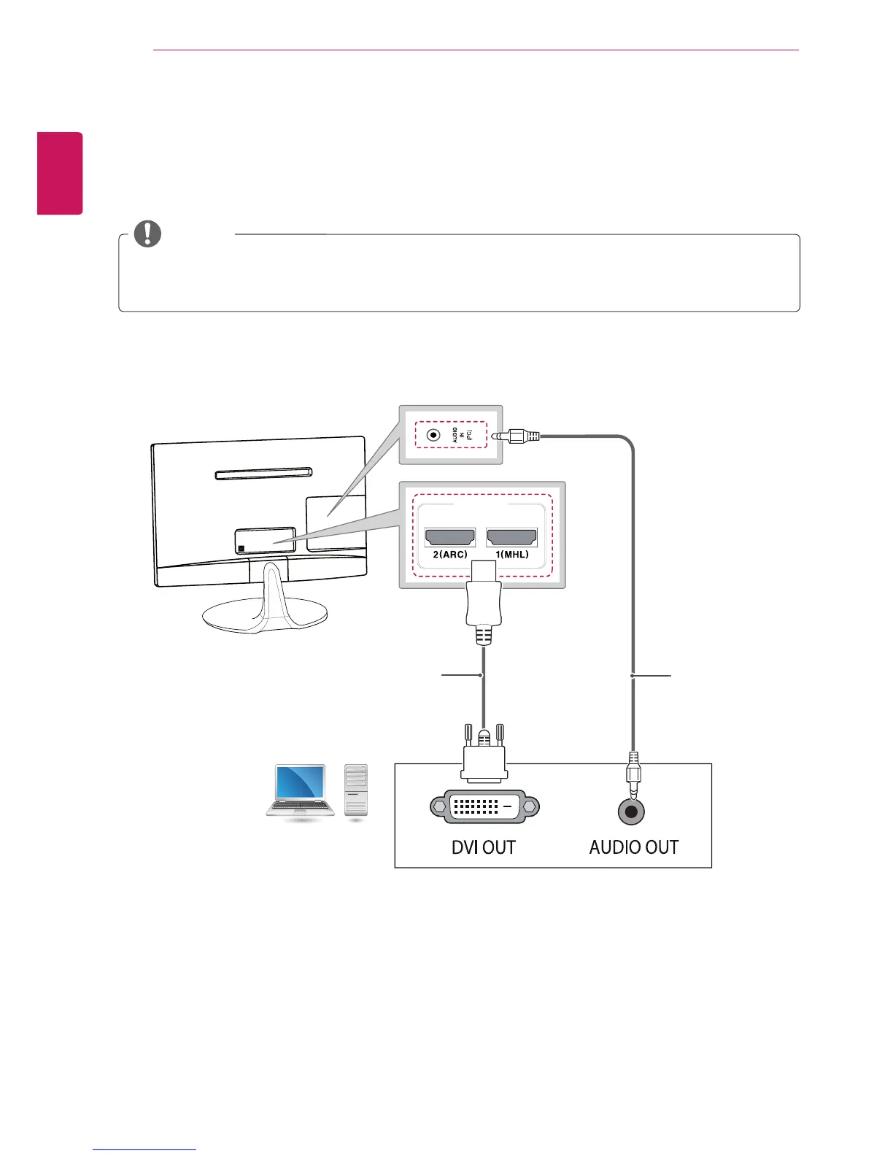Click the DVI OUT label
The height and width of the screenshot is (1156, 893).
tap(484, 847)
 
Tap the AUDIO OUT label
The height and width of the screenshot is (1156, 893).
tap(634, 847)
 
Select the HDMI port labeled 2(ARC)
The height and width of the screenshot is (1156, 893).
tap(450, 538)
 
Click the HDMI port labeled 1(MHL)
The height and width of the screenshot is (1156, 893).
tap(511, 538)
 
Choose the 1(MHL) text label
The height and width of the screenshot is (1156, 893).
tap(511, 555)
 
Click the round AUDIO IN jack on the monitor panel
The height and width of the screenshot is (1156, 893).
tap(434, 435)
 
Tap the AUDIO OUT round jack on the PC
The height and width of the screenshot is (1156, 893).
tap(632, 812)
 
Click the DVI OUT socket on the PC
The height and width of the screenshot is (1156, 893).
tap(485, 806)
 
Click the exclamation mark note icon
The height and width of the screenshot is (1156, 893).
tap(147, 234)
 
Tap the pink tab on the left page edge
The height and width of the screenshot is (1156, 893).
tap(61, 173)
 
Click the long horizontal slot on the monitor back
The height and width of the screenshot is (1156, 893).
tap(264, 474)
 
